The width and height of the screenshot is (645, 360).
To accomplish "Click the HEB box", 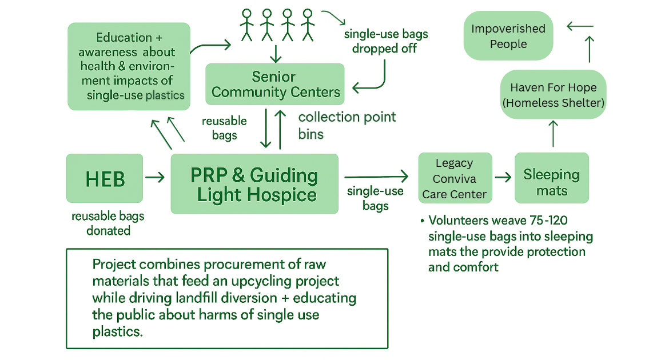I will point(105,178).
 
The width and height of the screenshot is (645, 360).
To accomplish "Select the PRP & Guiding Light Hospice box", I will point(254,184).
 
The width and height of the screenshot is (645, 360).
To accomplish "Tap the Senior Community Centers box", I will point(275,84).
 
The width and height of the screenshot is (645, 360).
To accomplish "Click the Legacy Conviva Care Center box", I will point(455,178).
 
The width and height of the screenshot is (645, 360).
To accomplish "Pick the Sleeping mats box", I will point(551,178).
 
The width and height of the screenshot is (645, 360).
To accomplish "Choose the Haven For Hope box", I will point(553,95).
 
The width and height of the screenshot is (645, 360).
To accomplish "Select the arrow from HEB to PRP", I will point(155,178).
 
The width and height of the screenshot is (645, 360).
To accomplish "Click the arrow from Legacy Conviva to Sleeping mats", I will point(503,177).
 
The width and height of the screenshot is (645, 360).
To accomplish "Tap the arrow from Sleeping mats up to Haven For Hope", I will point(553,134).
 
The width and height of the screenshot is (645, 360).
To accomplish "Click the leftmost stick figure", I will point(246,25).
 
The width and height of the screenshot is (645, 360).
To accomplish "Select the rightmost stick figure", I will point(308,25).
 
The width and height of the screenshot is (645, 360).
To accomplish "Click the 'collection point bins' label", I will point(347,126).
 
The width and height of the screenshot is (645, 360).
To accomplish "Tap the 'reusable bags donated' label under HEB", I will point(108,223).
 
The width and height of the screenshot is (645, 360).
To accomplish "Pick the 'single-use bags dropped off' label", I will point(385,41).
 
